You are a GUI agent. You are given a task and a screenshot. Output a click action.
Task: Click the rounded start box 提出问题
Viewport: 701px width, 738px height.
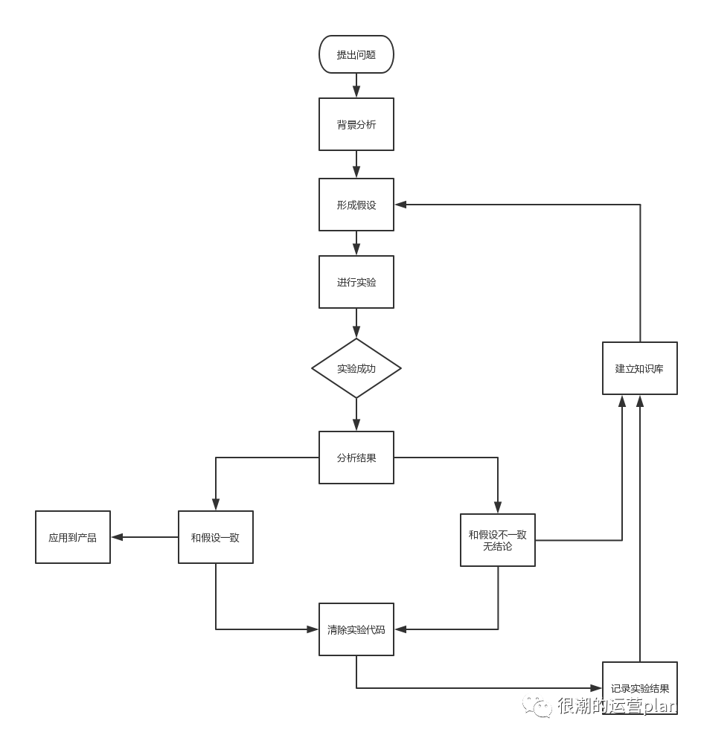[x=356, y=54]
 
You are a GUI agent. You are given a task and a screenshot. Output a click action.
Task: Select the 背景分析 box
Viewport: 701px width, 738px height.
[x=356, y=124]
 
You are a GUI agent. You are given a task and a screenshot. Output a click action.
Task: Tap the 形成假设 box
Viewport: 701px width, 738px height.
[x=356, y=205]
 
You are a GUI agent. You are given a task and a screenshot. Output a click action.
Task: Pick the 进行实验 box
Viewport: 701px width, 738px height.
[x=356, y=282]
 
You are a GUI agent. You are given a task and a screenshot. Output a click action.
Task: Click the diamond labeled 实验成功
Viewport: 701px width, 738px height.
[x=356, y=368]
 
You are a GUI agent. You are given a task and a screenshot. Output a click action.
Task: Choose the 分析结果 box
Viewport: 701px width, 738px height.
[x=356, y=458]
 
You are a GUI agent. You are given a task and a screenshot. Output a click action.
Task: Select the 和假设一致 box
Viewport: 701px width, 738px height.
[x=215, y=537]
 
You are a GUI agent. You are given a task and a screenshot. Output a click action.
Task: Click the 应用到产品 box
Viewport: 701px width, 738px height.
[x=73, y=537]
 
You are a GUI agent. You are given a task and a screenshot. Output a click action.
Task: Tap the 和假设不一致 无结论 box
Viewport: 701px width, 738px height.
[x=497, y=540]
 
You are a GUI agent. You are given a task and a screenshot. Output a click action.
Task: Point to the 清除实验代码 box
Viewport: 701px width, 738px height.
[x=356, y=629]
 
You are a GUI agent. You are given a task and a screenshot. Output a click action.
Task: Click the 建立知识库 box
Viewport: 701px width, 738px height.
[x=639, y=368]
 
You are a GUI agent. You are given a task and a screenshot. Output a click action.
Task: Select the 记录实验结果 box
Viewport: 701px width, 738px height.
[x=639, y=688]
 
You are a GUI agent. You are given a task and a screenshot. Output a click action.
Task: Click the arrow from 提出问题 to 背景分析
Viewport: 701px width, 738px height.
[x=356, y=86]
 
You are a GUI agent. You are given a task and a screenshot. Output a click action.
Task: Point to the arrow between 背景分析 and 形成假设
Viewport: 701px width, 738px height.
[x=356, y=164]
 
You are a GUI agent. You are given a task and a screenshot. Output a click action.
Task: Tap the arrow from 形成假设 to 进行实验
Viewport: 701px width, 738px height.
[x=356, y=243]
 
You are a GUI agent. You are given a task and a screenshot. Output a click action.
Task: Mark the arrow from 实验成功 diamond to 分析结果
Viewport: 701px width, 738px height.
[x=356, y=414]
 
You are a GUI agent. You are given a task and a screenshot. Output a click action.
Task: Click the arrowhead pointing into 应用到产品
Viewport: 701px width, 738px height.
[x=117, y=537]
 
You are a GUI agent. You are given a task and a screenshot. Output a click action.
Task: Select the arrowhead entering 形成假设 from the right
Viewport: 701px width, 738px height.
[x=400, y=205]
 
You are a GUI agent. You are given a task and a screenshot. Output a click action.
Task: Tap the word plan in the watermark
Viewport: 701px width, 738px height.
[x=659, y=705]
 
